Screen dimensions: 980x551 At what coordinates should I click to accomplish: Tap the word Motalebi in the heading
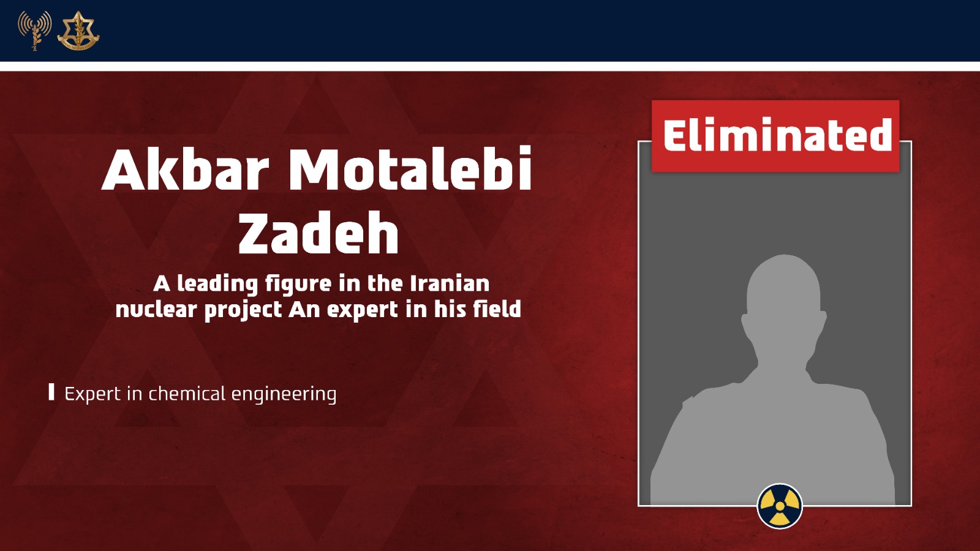[x=410, y=169]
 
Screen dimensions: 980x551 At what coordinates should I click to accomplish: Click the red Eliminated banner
[x=775, y=136]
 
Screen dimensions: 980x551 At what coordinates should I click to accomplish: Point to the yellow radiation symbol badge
[x=780, y=506]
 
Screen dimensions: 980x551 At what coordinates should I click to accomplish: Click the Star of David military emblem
[x=78, y=31]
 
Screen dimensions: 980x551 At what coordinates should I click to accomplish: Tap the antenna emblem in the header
[x=34, y=30]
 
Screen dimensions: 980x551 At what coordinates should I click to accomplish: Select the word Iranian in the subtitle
[x=450, y=284]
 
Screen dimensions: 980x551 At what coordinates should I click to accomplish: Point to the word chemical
[x=187, y=394]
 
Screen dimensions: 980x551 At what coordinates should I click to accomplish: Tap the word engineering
[x=284, y=394]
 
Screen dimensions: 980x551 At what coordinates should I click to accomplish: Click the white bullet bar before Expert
[x=51, y=392]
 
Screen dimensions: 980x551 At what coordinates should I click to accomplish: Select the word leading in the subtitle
[x=217, y=285]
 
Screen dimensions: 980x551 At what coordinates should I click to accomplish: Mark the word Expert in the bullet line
[x=92, y=394]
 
